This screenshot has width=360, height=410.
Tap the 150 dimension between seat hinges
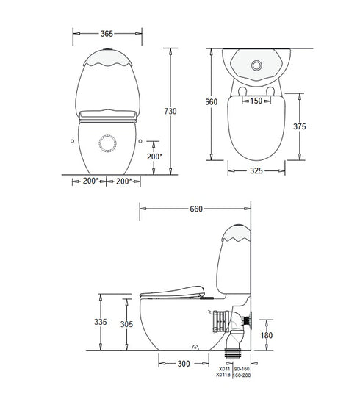[x=256, y=101]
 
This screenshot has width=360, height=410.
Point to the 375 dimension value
[x=299, y=126]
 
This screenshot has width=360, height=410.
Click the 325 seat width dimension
[x=256, y=170]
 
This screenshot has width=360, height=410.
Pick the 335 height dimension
[x=107, y=322]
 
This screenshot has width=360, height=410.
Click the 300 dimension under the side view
[x=184, y=363]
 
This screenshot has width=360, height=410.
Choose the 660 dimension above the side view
[x=196, y=209]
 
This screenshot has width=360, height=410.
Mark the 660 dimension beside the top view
[x=212, y=102]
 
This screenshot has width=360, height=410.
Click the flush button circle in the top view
[x=256, y=65]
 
